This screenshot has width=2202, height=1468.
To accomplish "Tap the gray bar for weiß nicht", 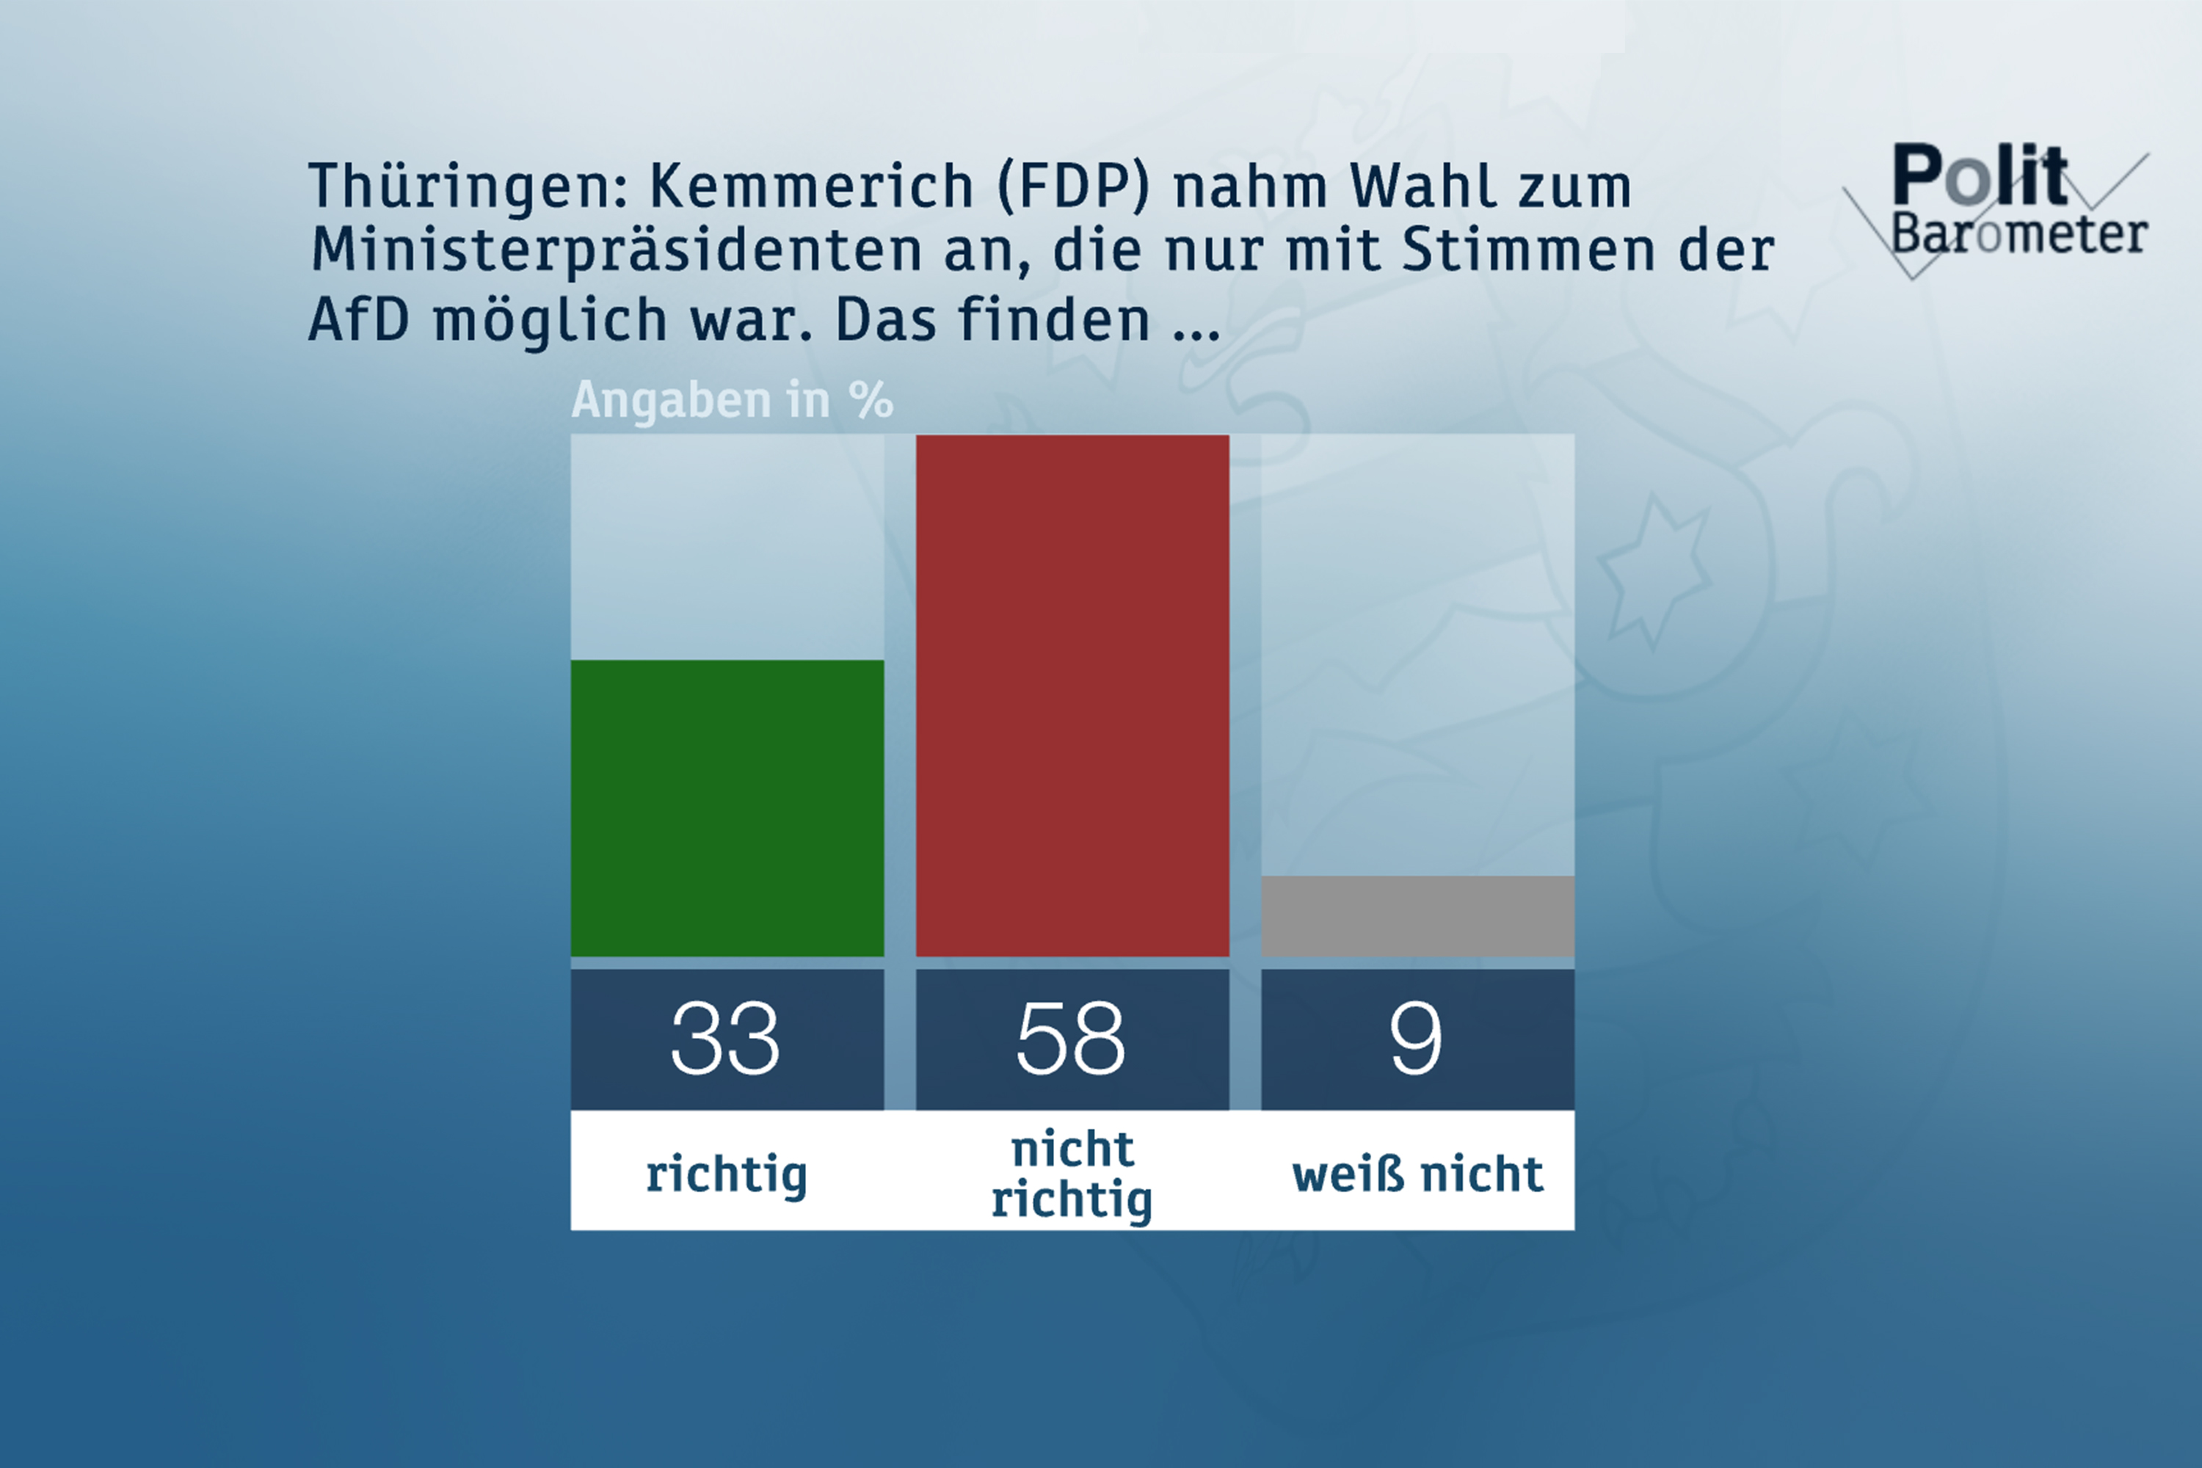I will click(x=1417, y=915).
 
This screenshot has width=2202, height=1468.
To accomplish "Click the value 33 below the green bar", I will click(x=727, y=1039).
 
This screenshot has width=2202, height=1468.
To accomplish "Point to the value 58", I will click(x=1072, y=1039).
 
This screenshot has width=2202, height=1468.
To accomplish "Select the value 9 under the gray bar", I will click(x=1417, y=1039).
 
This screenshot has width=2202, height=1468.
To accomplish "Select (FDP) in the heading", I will click(x=1073, y=186).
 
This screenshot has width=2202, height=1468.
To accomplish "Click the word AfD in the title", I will click(x=359, y=319).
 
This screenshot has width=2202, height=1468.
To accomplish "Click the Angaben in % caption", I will click(x=732, y=401).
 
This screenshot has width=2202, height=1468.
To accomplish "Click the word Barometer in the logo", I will click(x=2018, y=234).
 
